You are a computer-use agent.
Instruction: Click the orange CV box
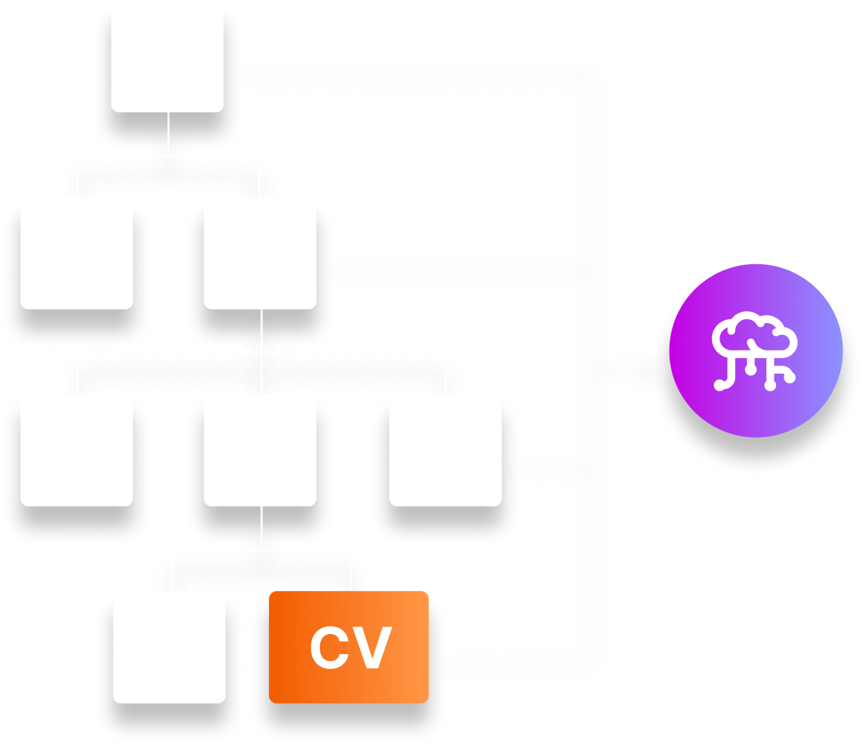tap(349, 647)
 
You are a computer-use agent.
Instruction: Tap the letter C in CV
tap(331, 648)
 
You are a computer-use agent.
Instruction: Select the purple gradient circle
tap(755, 350)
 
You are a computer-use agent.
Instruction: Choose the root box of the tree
tap(168, 57)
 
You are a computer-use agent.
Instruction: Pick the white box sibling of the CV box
tap(169, 647)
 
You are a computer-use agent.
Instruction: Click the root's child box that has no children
tap(77, 253)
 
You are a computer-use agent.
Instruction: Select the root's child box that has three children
tap(260, 253)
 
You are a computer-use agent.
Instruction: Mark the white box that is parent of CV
tap(260, 450)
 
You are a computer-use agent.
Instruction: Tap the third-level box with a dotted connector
tap(445, 450)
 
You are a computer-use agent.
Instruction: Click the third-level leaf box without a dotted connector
tap(77, 450)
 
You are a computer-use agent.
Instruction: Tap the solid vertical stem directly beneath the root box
tap(168, 134)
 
